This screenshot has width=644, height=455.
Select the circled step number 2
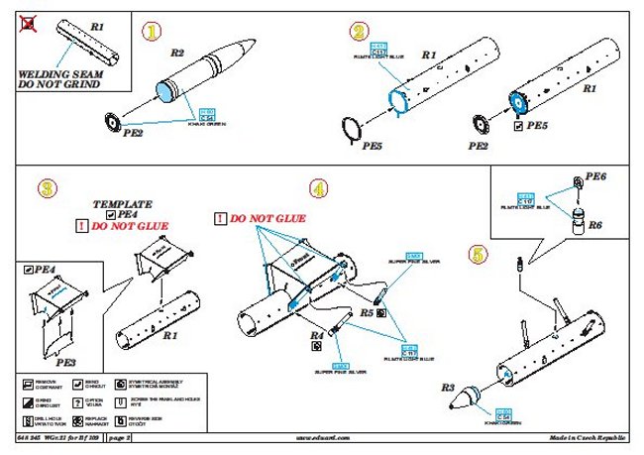tap(359, 33)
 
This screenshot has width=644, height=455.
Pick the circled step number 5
tap(479, 256)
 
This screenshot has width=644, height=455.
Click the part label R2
tap(177, 52)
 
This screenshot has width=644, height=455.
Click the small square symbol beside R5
tap(381, 312)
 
